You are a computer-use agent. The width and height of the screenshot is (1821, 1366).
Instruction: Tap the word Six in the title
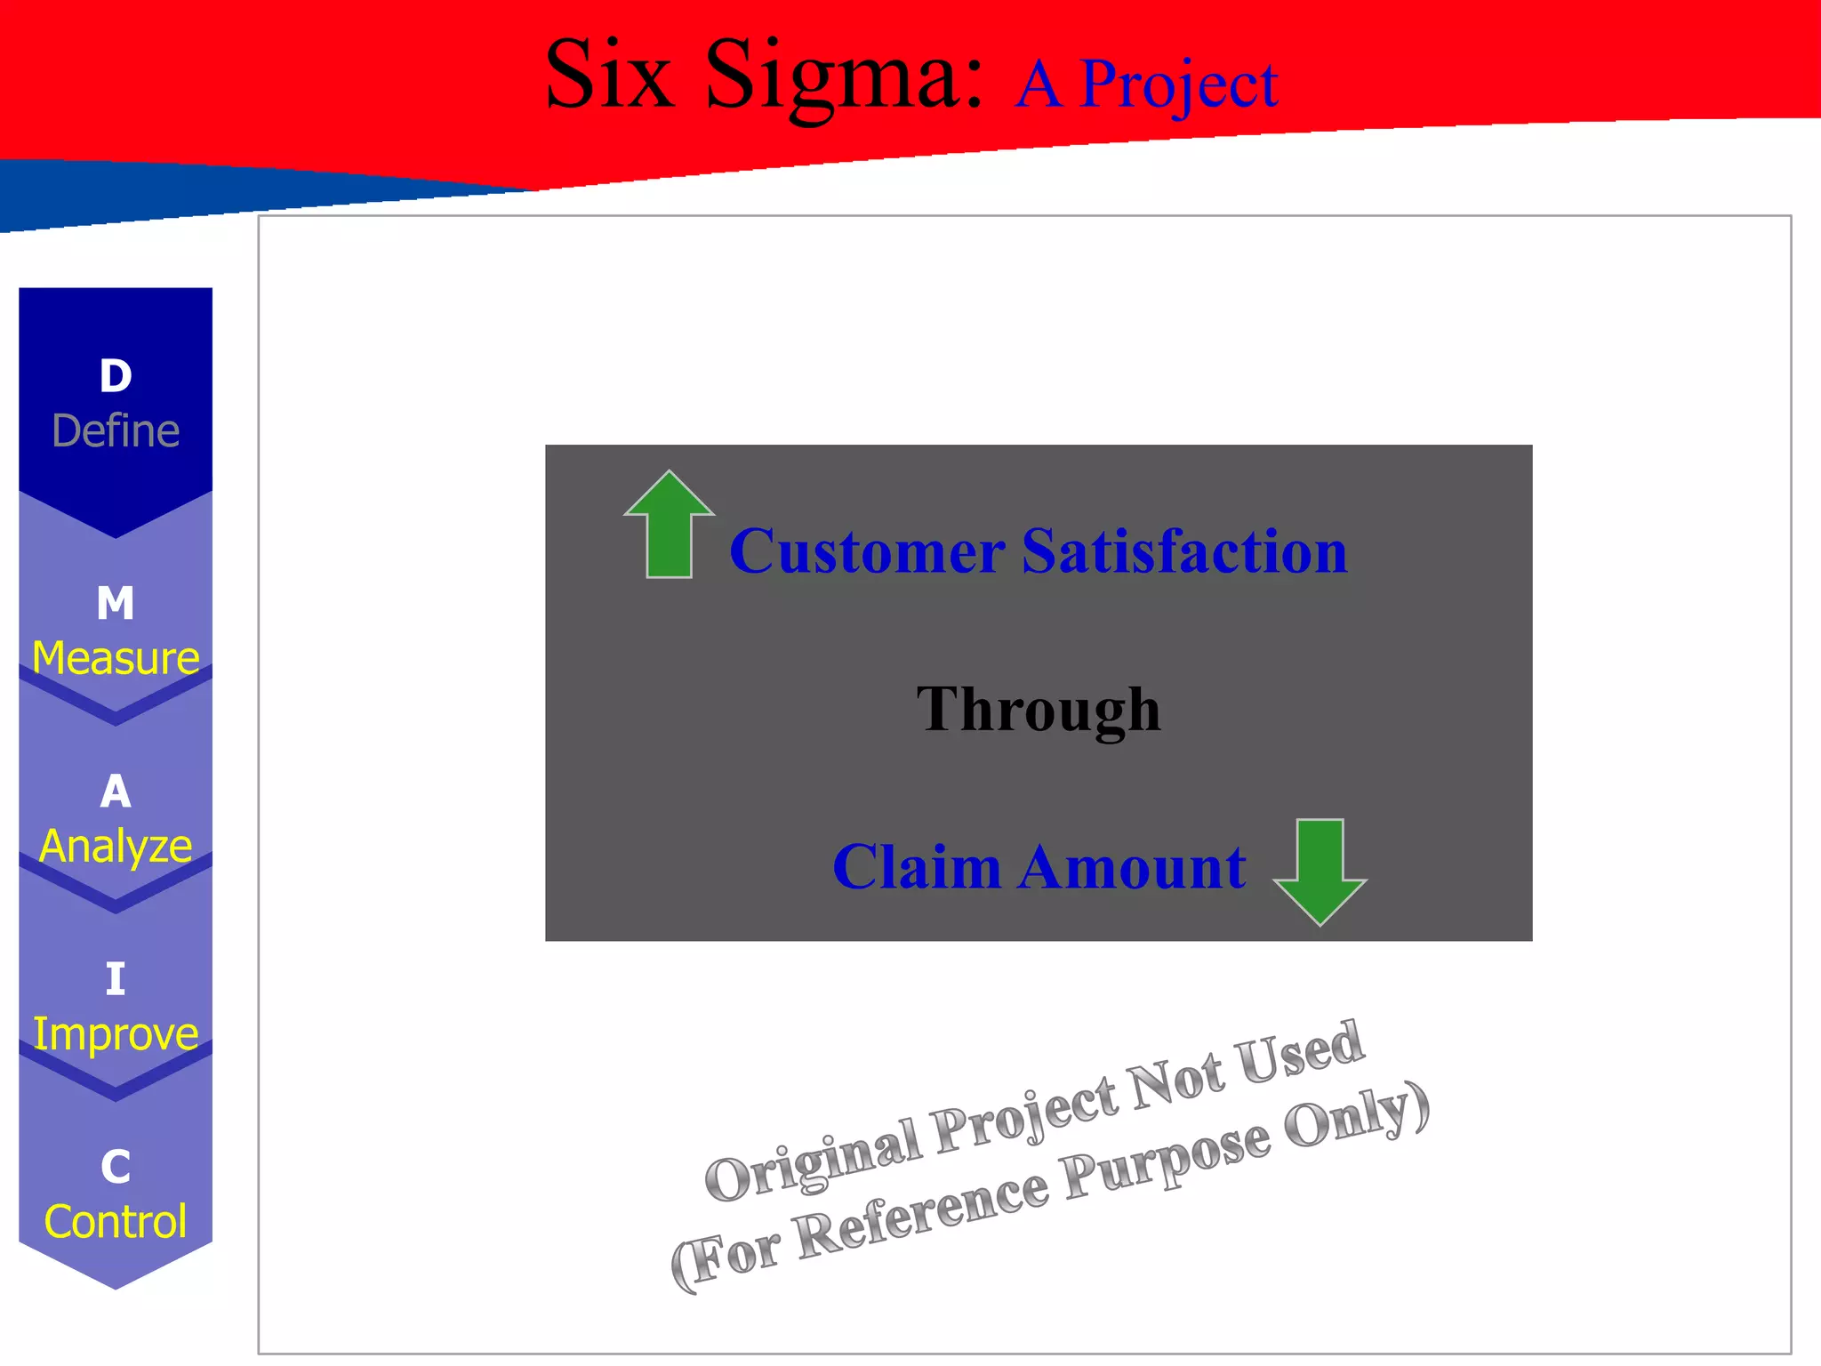609,75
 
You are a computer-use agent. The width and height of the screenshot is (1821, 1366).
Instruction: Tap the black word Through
1039,711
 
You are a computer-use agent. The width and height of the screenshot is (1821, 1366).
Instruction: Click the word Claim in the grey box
917,867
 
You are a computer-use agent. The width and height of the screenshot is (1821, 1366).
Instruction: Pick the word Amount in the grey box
1133,867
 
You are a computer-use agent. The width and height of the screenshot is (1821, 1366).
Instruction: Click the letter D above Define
116,376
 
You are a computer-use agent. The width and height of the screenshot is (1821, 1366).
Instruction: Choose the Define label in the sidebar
116,431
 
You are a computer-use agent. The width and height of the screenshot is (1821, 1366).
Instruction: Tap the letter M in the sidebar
116,603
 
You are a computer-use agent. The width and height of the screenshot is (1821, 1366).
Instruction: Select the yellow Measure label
116,658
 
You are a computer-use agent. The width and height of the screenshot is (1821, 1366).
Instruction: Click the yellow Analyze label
116,846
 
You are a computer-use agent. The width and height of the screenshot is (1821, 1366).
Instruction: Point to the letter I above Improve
116,979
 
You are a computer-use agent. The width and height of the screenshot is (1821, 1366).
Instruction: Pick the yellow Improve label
116,1033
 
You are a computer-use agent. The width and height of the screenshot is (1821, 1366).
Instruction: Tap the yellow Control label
116,1222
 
